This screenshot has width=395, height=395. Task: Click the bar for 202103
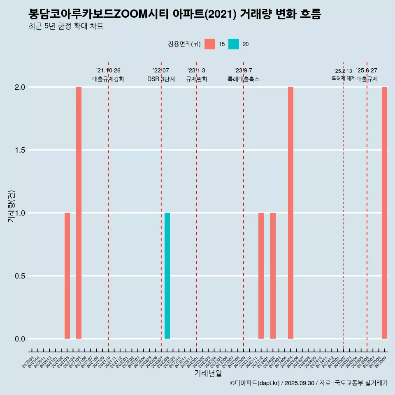67,276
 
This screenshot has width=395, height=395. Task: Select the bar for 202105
79,213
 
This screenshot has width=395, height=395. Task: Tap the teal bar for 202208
167,276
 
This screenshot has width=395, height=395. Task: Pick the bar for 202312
261,276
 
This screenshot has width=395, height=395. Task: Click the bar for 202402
273,276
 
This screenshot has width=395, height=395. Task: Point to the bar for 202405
290,213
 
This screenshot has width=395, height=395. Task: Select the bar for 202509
384,213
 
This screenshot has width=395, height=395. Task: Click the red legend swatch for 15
210,44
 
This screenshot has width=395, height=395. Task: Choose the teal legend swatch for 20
234,44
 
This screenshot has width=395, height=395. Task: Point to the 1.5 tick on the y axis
20,150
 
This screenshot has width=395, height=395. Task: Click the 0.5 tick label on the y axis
20,276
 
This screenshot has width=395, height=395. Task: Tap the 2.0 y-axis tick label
20,87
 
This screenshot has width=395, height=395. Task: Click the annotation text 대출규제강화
108,79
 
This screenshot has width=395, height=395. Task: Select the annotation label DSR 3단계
161,79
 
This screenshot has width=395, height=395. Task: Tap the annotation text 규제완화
196,79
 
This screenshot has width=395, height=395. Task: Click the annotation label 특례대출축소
244,79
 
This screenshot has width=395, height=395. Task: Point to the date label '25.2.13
343,71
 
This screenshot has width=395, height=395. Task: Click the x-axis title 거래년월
208,374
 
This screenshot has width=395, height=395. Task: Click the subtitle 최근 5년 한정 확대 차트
66,26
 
